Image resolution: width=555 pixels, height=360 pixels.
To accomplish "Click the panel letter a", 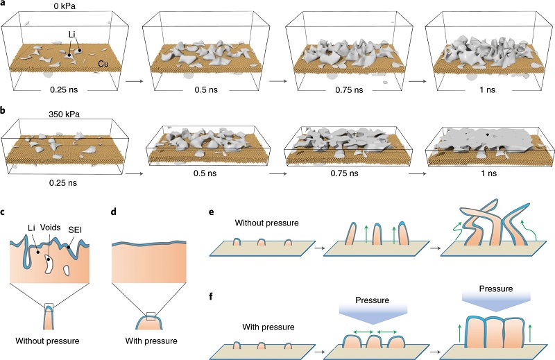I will pyautogui.click(x=4, y=4).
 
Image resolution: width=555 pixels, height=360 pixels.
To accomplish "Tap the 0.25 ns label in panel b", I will pyautogui.click(x=52, y=183).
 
